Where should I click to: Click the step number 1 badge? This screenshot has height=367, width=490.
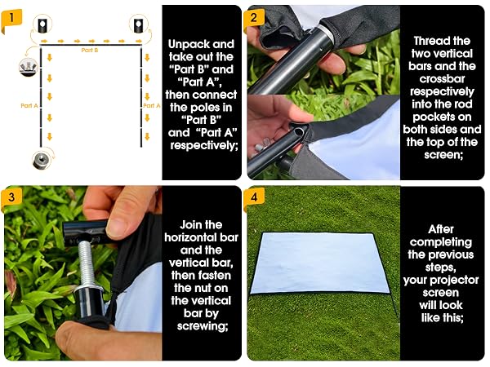click(x=11, y=18)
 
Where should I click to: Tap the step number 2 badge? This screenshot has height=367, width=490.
click(x=254, y=18)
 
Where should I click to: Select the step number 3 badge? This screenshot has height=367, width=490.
click(x=11, y=197)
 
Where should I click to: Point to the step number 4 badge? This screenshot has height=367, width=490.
click(x=254, y=197)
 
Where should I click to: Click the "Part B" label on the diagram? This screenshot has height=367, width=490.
click(x=90, y=51)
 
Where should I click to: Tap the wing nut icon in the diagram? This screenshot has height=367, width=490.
click(x=29, y=68)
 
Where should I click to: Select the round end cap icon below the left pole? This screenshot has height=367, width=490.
click(x=42, y=161)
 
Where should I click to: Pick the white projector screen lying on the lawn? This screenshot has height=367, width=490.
click(x=320, y=263)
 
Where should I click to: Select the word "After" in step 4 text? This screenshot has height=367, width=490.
click(x=441, y=229)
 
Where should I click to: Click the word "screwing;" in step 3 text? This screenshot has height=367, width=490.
click(x=202, y=326)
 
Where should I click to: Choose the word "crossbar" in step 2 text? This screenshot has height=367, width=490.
click(x=442, y=79)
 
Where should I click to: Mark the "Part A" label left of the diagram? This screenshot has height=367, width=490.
click(x=29, y=106)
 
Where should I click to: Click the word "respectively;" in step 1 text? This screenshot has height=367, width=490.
click(x=203, y=146)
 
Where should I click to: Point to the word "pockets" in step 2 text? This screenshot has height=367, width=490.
click(x=442, y=117)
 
